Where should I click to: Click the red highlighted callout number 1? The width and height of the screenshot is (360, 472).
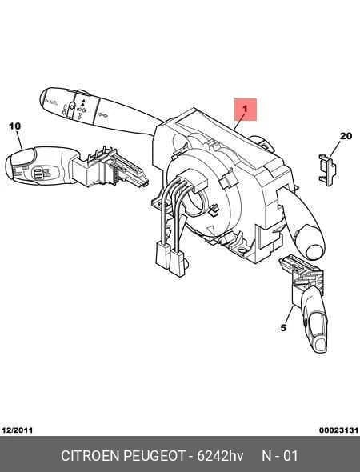[x=246, y=109]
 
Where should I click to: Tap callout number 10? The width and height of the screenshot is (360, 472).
[x=14, y=126]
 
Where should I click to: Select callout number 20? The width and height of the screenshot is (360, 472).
[x=346, y=136]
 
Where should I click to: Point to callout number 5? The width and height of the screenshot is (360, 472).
[x=283, y=328]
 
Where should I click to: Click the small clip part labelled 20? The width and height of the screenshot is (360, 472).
[x=327, y=170]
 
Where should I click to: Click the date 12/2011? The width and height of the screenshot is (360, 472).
[x=17, y=430]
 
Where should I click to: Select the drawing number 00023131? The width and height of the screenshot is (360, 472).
[x=338, y=430]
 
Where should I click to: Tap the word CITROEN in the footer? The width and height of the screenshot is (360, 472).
[x=90, y=455]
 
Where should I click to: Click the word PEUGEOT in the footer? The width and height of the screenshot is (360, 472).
[x=154, y=455]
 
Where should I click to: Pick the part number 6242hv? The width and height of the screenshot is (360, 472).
[x=220, y=455]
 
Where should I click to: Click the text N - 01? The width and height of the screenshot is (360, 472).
[x=280, y=455]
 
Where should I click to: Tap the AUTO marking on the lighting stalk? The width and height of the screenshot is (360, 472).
[x=53, y=102]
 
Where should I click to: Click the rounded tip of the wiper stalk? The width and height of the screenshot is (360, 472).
[x=314, y=252]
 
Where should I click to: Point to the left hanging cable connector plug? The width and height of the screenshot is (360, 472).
[x=162, y=255]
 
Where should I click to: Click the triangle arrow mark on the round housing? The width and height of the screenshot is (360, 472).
[x=212, y=230]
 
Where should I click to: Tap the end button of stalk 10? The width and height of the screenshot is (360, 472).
[x=22, y=157]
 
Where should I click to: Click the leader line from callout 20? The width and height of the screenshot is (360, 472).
[x=334, y=149]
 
